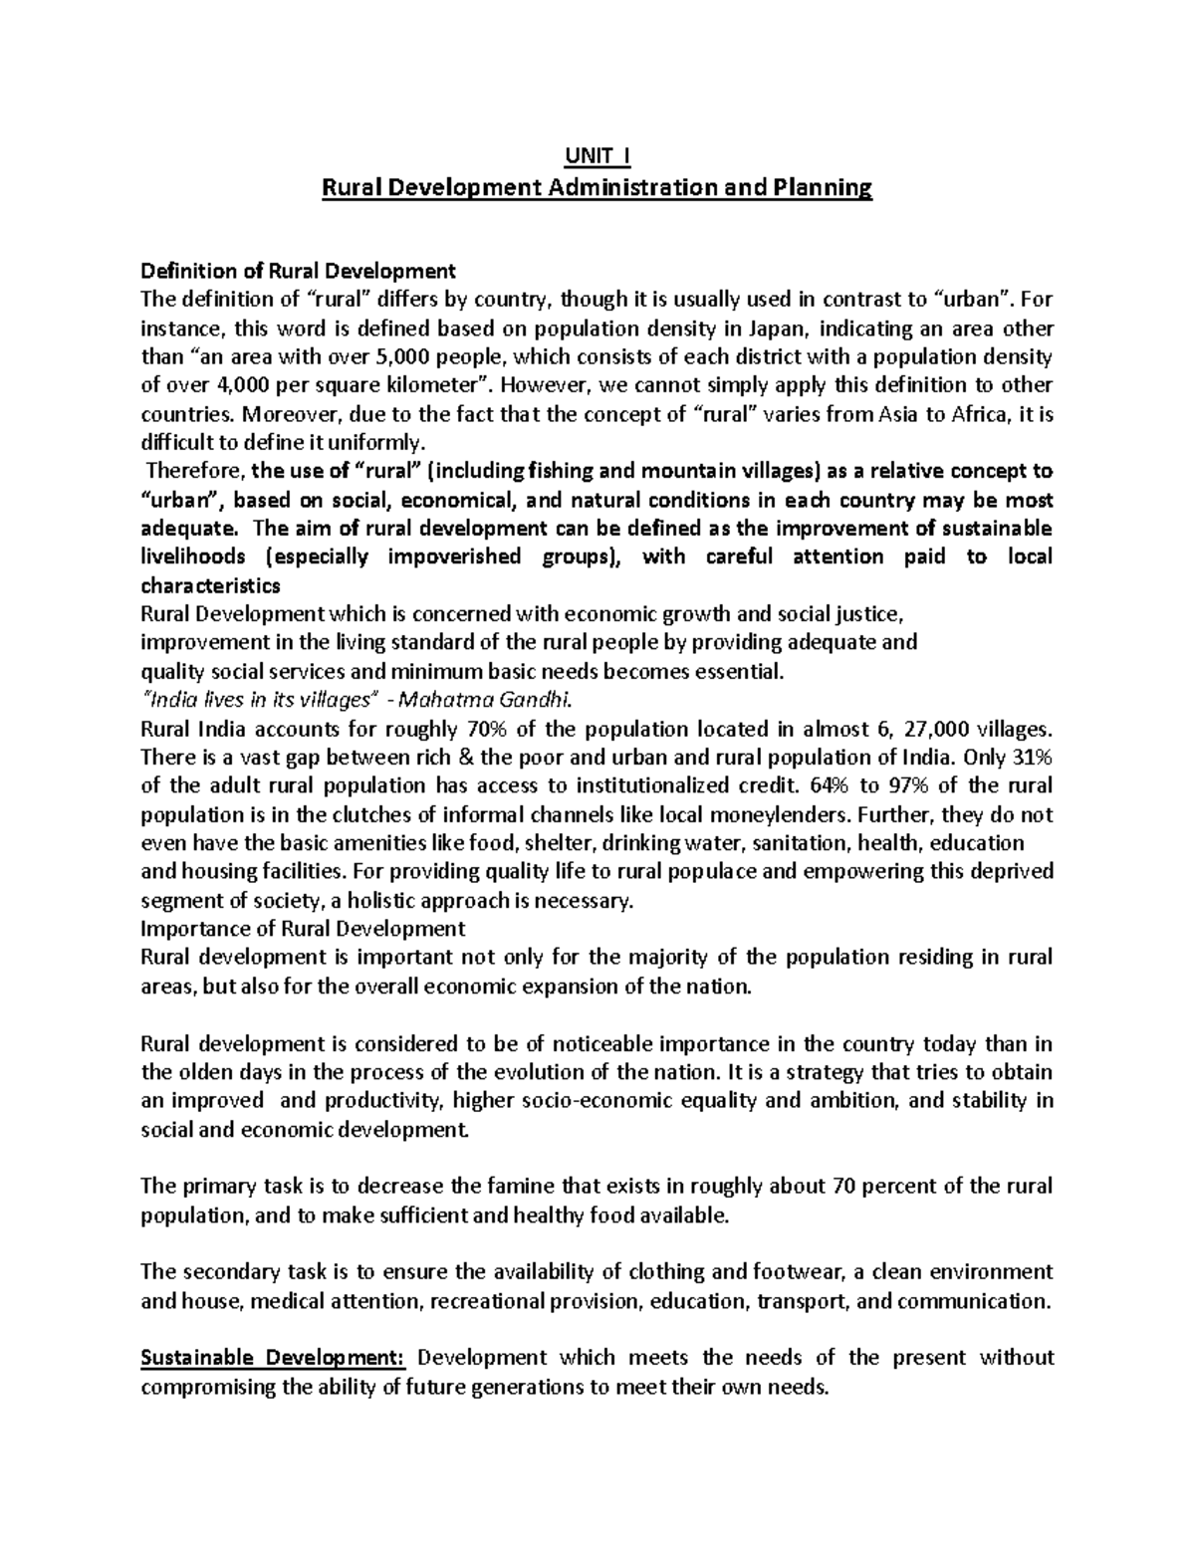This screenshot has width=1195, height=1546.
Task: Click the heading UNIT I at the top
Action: (597, 156)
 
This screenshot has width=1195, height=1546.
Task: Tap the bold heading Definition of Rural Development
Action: (299, 271)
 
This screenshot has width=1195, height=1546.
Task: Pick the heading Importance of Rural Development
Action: (304, 929)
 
